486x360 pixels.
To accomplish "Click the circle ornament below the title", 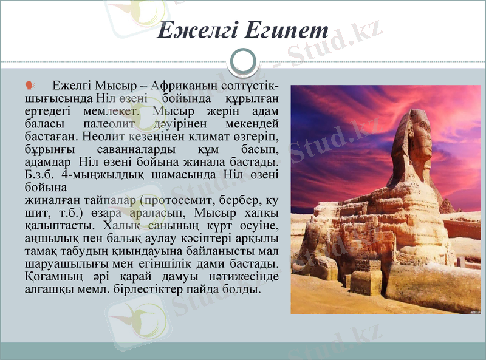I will [244, 62].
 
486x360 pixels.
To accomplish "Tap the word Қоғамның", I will [52, 277].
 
